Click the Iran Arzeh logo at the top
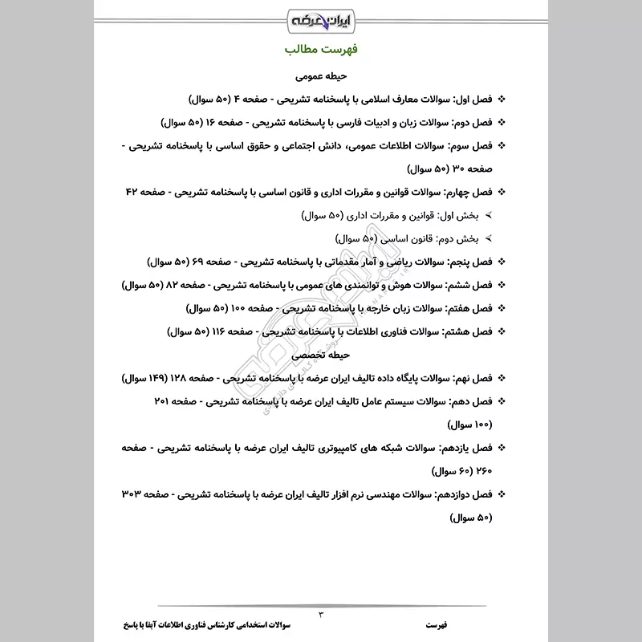321,17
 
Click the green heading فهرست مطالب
321,51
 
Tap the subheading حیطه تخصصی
321,353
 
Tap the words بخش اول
465,217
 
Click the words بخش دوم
465,239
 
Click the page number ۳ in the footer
321,615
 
